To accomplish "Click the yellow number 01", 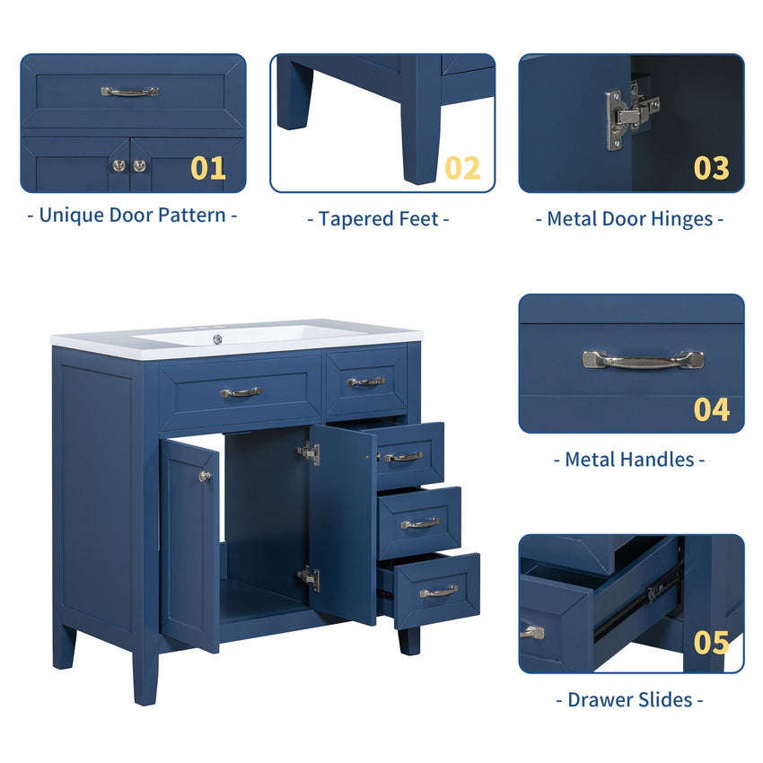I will [x=208, y=168].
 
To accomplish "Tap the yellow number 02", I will [x=462, y=168].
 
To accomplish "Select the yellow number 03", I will [x=711, y=168].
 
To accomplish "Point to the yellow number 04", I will [x=711, y=409].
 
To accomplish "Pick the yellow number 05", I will [x=711, y=643].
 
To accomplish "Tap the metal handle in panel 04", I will [x=643, y=360].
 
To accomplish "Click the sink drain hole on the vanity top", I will [x=217, y=338].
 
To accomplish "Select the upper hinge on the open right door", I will [x=310, y=453].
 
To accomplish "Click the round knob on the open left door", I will [x=205, y=476].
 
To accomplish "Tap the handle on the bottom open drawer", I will [x=438, y=592].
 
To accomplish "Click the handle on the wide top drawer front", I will [x=241, y=392].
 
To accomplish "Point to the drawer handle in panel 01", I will [x=129, y=92].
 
